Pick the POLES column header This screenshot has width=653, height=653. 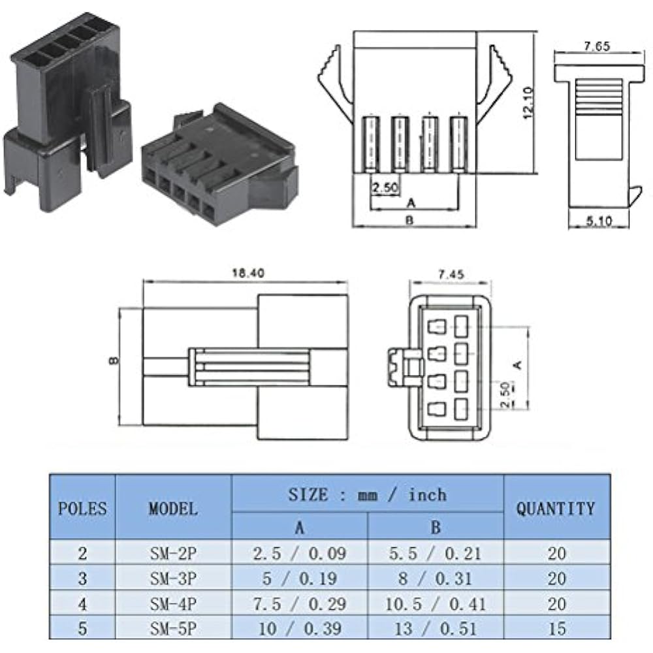coord(82,507)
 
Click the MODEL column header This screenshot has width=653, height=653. coord(173,507)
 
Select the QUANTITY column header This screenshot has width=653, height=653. coord(556,507)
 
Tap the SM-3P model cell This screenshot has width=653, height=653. coord(173,578)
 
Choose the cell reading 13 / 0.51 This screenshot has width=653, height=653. coord(436,628)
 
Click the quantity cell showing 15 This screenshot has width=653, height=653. coord(556,628)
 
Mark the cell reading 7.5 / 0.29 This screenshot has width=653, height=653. coord(300,603)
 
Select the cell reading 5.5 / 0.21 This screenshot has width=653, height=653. coord(436,553)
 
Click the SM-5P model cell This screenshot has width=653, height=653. coord(173,628)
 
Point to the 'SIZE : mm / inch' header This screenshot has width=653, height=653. coord(367,494)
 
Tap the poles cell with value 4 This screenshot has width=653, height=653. coord(82,603)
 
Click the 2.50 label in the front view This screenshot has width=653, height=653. coord(385,188)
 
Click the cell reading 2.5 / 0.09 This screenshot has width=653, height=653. coord(300,553)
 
